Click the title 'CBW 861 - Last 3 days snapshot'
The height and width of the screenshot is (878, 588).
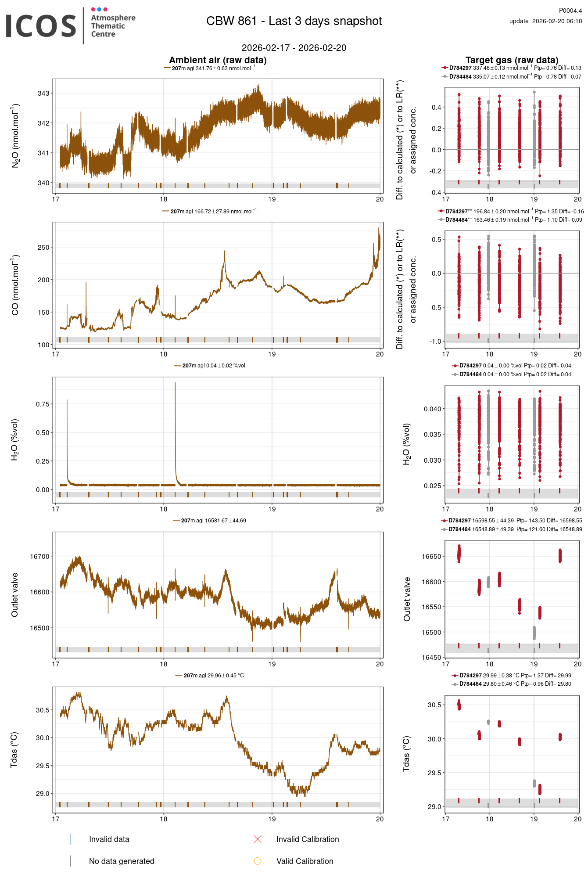point(294,21)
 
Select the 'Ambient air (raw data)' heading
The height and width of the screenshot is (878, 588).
point(218,60)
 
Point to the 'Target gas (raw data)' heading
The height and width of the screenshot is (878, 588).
point(512,60)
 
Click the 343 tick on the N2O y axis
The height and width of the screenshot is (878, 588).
point(43,93)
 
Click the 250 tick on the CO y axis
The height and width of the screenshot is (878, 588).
point(43,247)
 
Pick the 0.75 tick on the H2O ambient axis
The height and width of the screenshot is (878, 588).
point(43,404)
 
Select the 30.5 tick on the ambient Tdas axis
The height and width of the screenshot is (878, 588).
point(43,710)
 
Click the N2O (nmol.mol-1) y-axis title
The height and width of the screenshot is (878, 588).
point(15,136)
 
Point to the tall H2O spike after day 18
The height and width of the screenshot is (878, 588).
point(175,384)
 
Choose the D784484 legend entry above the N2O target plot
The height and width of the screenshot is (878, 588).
point(460,77)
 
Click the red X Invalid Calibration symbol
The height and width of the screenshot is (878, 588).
point(258,839)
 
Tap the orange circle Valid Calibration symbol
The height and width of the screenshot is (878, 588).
point(258,861)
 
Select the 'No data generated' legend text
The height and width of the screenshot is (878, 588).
point(122,861)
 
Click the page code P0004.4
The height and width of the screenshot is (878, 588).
point(570,11)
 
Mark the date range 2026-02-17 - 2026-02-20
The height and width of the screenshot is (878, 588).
point(294,48)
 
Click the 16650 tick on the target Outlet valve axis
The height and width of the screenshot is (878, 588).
point(431,556)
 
